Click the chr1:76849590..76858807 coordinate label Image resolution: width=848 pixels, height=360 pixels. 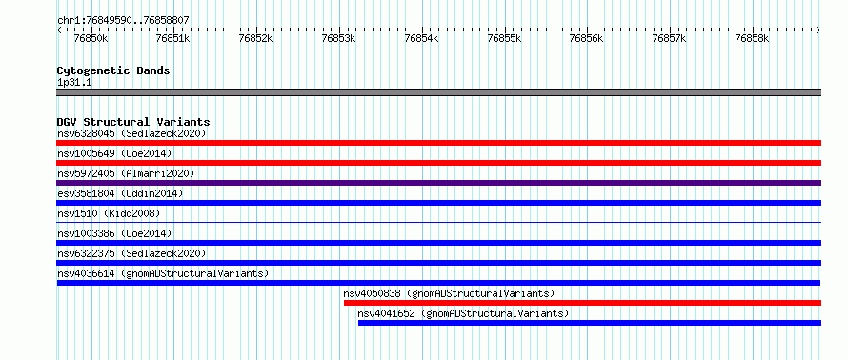click(123, 20)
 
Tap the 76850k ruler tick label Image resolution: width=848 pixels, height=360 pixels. click(91, 38)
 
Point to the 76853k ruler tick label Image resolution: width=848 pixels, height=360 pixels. click(339, 38)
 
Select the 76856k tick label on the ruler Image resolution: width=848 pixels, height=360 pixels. click(588, 38)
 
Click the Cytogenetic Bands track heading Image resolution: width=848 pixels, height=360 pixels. click(113, 70)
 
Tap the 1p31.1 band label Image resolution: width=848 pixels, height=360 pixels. click(74, 83)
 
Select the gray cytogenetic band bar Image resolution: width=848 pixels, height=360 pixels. click(438, 92)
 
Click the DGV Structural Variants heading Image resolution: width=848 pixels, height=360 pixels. click(133, 122)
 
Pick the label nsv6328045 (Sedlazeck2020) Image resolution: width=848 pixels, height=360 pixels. click(131, 133)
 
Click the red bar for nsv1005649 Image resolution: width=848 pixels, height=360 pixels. click(438, 163)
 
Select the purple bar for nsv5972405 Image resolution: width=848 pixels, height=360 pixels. click(438, 183)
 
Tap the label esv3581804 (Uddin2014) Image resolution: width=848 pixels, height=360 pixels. click(120, 193)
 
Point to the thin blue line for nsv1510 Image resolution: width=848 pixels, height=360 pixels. click(438, 222)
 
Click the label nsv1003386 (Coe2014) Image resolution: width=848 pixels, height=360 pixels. click(114, 233)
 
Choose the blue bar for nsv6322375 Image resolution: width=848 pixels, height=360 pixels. click(438, 263)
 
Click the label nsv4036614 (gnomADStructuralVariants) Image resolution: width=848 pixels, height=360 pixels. click(163, 273)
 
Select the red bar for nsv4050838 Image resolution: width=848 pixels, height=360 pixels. click(582, 303)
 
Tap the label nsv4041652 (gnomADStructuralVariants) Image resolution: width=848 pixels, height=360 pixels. click(463, 313)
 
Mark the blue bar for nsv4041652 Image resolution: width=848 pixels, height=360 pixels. click(590, 323)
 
